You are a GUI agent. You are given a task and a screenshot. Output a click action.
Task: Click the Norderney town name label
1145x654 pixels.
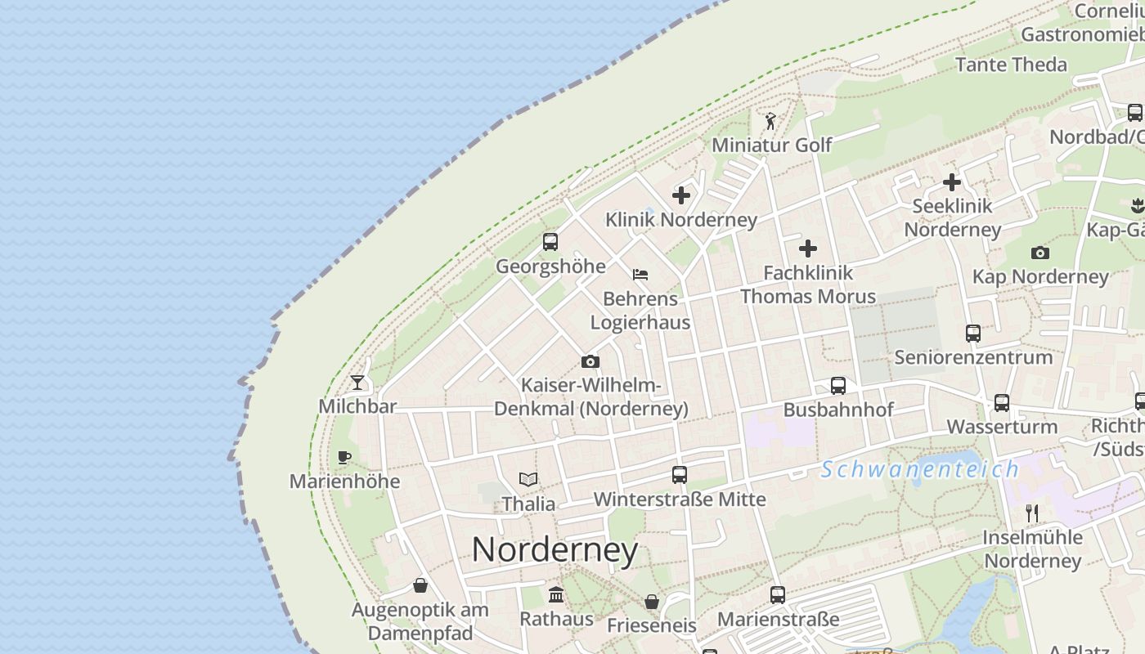pos(555,550)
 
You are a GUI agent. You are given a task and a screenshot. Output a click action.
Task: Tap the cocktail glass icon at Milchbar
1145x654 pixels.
pos(357,382)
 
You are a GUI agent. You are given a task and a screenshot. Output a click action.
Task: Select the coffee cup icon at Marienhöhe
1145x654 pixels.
pos(344,457)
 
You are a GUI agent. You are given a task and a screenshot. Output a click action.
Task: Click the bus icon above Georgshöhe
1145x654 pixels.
pos(550,242)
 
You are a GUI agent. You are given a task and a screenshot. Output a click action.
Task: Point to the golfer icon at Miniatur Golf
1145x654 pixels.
pos(770,122)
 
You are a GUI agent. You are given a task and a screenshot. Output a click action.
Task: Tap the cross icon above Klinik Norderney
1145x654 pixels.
pos(681,195)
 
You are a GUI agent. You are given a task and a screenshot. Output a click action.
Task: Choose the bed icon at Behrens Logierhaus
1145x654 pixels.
pos(640,275)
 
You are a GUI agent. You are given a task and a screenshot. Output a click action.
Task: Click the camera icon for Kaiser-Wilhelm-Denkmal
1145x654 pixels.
pos(590,361)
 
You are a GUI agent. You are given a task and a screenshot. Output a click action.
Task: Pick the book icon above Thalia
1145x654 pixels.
pos(528,480)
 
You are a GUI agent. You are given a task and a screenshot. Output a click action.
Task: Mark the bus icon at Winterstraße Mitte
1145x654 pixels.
pos(680,474)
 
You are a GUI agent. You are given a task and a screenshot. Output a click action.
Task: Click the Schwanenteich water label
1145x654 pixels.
pos(920,469)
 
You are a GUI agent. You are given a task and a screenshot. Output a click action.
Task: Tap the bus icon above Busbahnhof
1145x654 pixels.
pos(838,385)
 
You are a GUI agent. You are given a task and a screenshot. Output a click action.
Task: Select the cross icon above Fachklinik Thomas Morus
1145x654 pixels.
pos(808,249)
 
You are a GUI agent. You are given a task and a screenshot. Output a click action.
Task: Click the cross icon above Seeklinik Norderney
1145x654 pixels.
pos(952,182)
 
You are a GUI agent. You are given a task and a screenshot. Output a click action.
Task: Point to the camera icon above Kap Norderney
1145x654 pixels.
pos(1040,253)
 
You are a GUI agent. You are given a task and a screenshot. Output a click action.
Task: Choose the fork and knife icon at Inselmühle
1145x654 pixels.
pos(1032,513)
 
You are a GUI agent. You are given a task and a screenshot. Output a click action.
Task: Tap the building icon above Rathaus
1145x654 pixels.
pos(557,594)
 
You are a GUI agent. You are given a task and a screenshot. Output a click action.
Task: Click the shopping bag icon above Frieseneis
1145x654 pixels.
pos(652,602)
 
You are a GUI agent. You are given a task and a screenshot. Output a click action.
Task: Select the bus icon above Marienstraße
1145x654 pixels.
pos(778,595)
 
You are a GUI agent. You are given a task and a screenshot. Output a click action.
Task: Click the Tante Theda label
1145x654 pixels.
pos(1011,65)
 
